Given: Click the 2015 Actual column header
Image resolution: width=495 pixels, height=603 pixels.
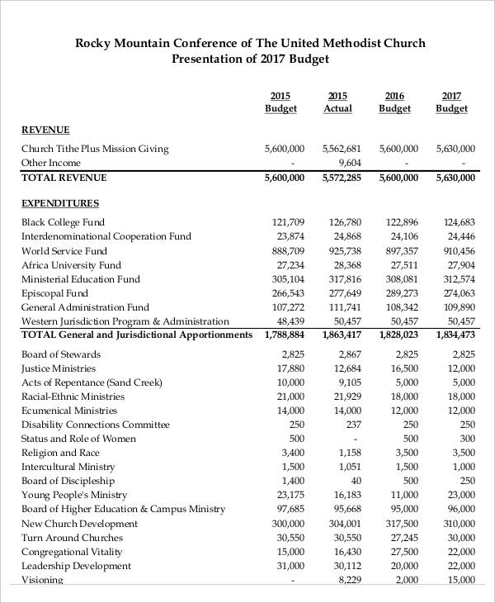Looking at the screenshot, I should click(337, 102).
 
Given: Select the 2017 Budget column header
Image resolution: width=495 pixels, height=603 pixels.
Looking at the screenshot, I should click(451, 102).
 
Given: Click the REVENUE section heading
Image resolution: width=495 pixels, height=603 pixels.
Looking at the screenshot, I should click(45, 130).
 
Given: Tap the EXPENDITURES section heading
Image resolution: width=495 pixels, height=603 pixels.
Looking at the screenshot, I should click(60, 203).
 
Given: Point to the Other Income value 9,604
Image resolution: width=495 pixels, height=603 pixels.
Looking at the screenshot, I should click(349, 163).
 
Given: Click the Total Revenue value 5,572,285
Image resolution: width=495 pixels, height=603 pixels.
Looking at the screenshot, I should click(342, 178).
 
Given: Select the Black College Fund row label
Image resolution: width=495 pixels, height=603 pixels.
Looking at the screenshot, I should click(63, 222).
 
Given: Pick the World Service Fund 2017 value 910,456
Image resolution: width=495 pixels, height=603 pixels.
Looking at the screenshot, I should click(459, 251).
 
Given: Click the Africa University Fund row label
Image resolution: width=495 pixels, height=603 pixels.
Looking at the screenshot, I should click(71, 265).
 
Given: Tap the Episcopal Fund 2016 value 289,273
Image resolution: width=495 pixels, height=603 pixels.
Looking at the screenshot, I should click(402, 293).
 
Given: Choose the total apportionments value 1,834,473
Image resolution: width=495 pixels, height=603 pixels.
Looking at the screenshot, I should click(455, 335).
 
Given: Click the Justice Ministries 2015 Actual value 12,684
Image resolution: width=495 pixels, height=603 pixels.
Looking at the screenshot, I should click(347, 368).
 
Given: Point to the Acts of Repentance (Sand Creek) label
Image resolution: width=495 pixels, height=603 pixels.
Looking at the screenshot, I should click(92, 382).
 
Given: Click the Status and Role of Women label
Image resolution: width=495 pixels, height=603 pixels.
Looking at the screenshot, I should click(78, 439).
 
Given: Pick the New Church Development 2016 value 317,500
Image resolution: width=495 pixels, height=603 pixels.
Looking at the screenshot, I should click(402, 524).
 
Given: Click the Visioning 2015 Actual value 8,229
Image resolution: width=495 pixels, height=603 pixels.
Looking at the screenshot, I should click(350, 580).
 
